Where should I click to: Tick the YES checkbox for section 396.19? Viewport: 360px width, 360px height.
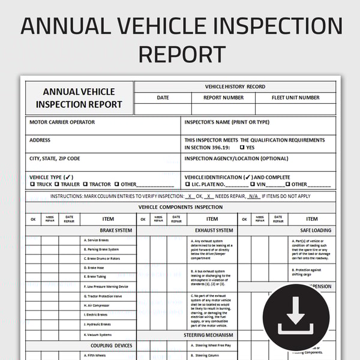242,148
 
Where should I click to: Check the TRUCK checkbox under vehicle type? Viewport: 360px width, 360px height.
32,185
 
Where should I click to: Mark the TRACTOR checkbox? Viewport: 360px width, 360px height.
86,185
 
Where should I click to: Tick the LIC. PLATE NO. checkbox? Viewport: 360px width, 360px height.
187,185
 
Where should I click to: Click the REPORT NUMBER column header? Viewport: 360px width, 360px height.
223,98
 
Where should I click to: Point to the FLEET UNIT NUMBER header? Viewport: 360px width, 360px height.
296,98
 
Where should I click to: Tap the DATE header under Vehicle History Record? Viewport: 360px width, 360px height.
163,98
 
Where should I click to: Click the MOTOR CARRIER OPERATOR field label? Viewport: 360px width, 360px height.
62,122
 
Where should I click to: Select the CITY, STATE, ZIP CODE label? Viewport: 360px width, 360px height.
55,158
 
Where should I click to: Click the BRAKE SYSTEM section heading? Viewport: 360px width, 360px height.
116,230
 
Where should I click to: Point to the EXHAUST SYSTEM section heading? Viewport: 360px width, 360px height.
214,230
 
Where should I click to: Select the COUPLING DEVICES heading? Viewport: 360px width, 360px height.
111,346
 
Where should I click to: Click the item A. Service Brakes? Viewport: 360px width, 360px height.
97,240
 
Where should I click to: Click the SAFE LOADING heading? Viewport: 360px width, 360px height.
316,230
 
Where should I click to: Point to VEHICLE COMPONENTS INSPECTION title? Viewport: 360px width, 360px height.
181,207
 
